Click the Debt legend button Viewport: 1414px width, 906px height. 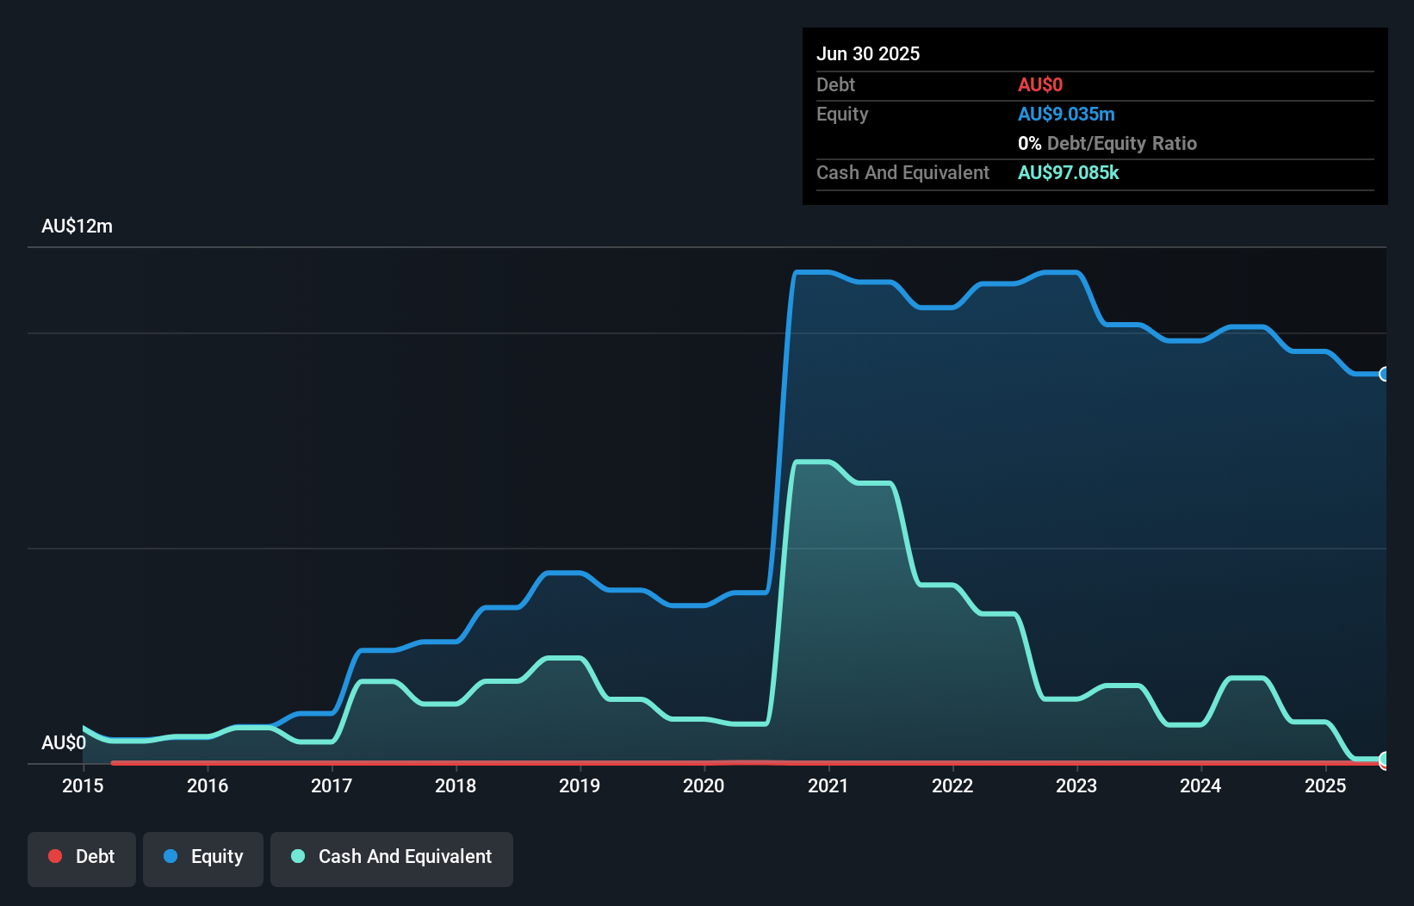click(x=82, y=858)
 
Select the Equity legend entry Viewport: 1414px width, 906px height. click(x=203, y=858)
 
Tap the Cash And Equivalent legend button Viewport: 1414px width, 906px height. click(x=392, y=858)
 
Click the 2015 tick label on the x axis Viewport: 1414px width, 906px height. click(x=83, y=785)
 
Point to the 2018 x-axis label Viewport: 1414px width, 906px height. click(x=456, y=785)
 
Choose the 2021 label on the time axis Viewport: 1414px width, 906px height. click(x=828, y=785)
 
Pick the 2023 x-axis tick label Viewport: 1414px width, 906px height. click(x=1076, y=785)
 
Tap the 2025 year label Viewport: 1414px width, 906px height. click(x=1324, y=785)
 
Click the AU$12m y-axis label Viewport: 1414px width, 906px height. click(x=77, y=226)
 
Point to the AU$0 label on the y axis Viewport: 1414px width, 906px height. click(x=64, y=742)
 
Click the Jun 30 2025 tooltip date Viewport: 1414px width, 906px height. click(x=868, y=53)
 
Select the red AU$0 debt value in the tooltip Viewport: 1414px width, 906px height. click(x=1040, y=84)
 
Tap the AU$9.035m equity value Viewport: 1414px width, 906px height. click(x=1066, y=114)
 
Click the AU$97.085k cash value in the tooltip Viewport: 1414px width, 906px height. click(x=1068, y=172)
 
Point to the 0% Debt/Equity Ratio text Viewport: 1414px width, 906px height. click(x=1107, y=143)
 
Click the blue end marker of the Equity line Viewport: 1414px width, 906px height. click(x=1385, y=374)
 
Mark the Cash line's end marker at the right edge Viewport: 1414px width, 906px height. click(x=1385, y=760)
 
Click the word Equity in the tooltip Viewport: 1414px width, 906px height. click(x=842, y=114)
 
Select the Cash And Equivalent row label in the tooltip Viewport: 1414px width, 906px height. click(x=902, y=172)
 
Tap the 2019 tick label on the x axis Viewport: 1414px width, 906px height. click(x=580, y=785)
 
